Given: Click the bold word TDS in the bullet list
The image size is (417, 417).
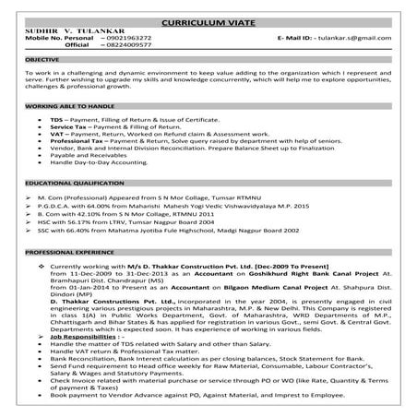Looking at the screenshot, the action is pos(56,119).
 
